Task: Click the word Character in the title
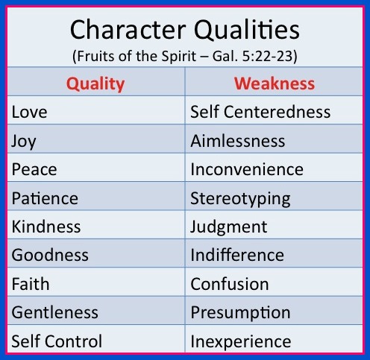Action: (x=128, y=30)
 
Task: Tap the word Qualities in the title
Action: (x=247, y=30)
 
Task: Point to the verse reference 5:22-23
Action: (x=269, y=56)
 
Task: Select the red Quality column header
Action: (x=95, y=84)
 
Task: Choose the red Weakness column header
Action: (x=275, y=83)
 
